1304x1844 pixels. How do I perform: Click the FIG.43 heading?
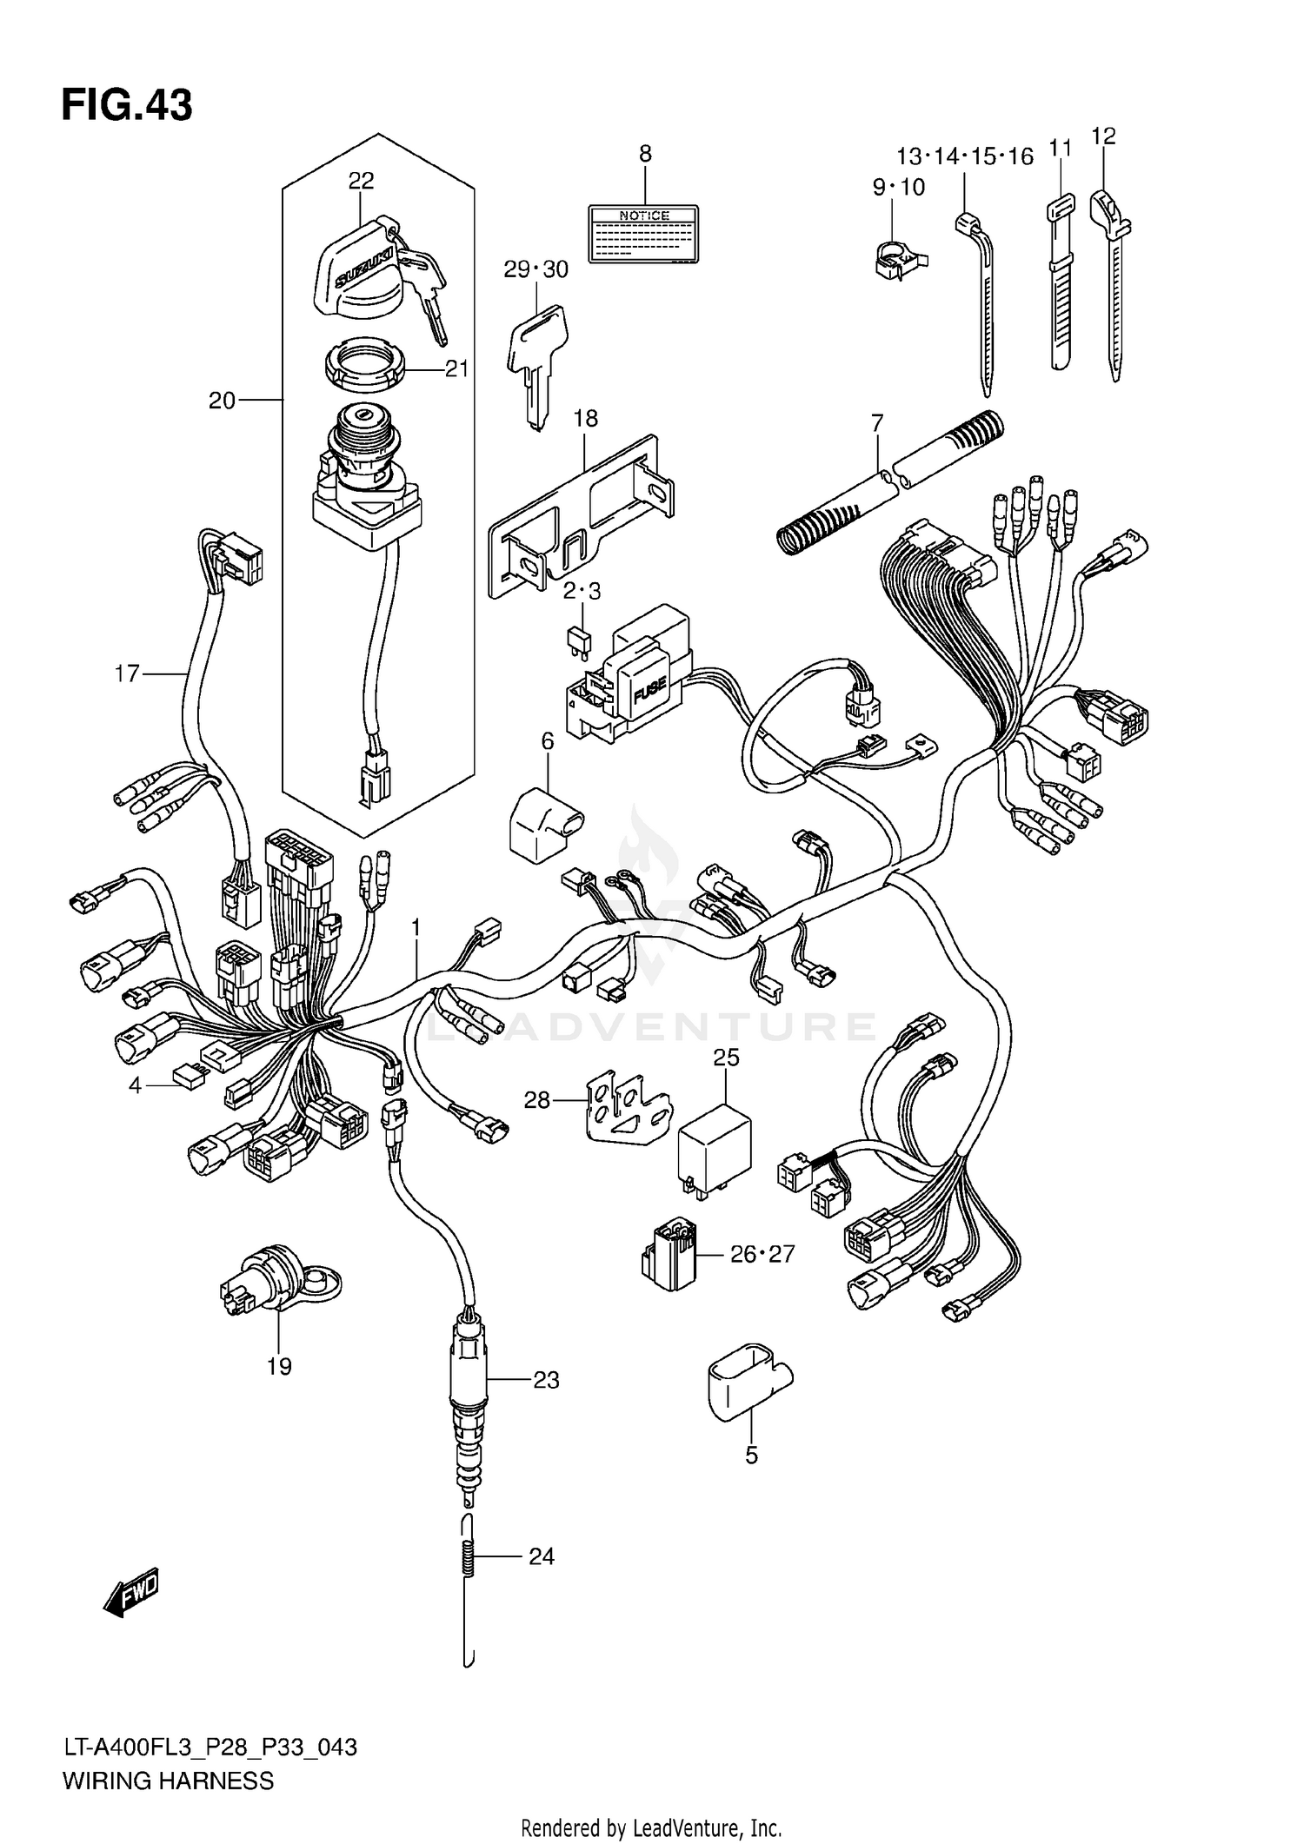point(127,106)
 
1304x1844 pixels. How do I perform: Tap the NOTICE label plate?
point(643,235)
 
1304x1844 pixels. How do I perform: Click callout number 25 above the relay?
point(726,1058)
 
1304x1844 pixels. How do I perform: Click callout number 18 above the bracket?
point(586,419)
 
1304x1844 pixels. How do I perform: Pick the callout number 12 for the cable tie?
point(1102,136)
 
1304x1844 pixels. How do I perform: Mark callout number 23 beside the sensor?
point(546,1380)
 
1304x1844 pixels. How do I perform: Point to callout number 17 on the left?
point(127,673)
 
